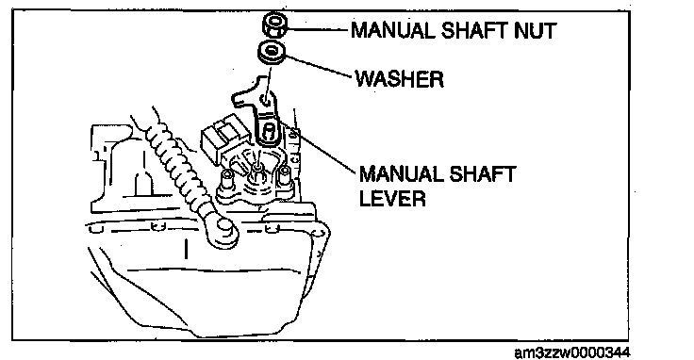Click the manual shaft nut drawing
point(274,25)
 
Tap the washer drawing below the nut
point(272,52)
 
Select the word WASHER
point(399,79)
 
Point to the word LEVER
point(392,198)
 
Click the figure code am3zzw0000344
point(572,352)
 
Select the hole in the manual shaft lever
point(266,101)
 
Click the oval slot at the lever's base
point(268,132)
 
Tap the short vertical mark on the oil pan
point(187,249)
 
